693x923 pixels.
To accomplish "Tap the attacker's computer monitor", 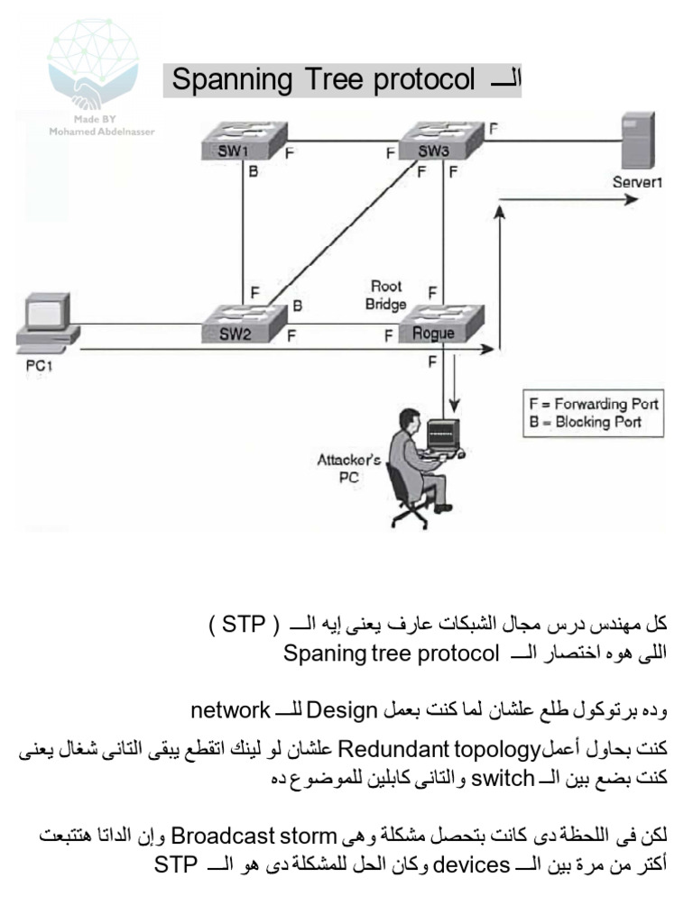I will tap(443, 436).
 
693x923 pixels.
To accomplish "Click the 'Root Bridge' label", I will tap(385, 296).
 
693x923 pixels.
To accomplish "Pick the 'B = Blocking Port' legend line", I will tap(586, 421).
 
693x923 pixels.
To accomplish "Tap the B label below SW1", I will tap(254, 173).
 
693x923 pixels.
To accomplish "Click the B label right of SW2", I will tap(297, 306).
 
